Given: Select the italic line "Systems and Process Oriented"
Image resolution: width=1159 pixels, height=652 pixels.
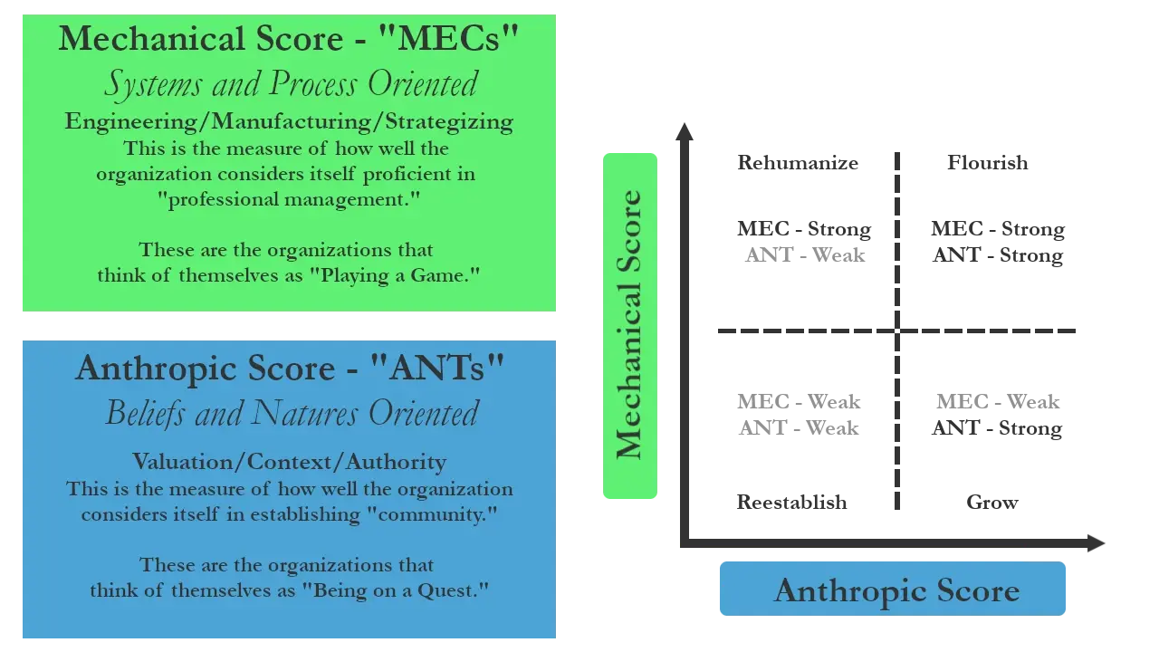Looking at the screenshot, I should click(290, 84).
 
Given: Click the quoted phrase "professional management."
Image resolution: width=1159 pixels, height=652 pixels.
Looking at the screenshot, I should click(295, 199).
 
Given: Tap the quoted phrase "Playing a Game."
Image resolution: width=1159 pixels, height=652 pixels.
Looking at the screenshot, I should click(399, 275).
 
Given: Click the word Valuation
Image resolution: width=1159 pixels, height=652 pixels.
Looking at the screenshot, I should click(183, 462).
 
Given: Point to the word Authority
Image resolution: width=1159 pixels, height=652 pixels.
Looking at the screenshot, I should click(396, 462).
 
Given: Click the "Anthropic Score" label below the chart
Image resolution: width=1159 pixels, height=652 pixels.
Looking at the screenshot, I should click(896, 590).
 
